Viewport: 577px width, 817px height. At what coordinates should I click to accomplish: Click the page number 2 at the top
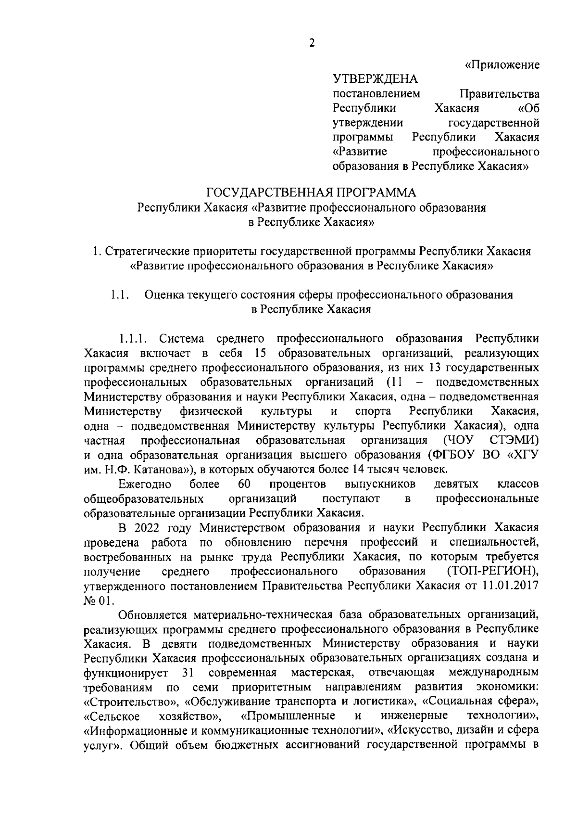(312, 43)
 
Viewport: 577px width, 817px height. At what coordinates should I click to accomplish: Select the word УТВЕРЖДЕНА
(375, 78)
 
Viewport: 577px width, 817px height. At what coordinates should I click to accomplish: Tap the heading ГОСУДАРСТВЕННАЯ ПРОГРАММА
(311, 193)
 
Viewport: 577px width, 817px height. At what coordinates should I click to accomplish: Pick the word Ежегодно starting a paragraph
(142, 484)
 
